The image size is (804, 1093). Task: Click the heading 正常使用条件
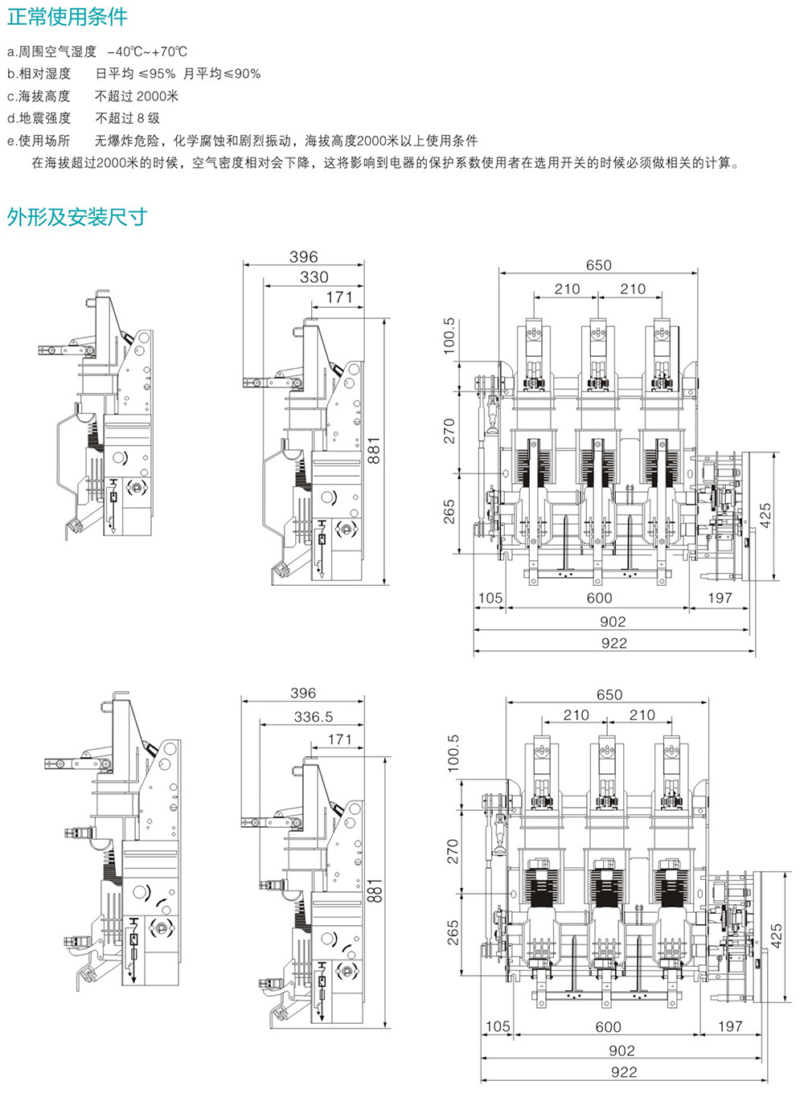[68, 16]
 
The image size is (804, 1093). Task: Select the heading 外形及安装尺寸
[77, 217]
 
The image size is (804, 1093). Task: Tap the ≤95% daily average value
[157, 74]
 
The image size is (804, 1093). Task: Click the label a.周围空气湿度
[51, 51]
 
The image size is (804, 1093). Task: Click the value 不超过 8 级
[127, 118]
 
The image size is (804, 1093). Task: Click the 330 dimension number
[314, 277]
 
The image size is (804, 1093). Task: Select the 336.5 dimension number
[313, 716]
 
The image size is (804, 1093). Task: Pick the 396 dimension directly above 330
[303, 257]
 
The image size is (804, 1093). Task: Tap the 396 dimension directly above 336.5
[303, 694]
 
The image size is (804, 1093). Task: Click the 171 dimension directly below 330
[339, 297]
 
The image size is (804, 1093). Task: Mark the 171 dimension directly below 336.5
[339, 739]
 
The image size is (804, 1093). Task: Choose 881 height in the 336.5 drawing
[375, 891]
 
